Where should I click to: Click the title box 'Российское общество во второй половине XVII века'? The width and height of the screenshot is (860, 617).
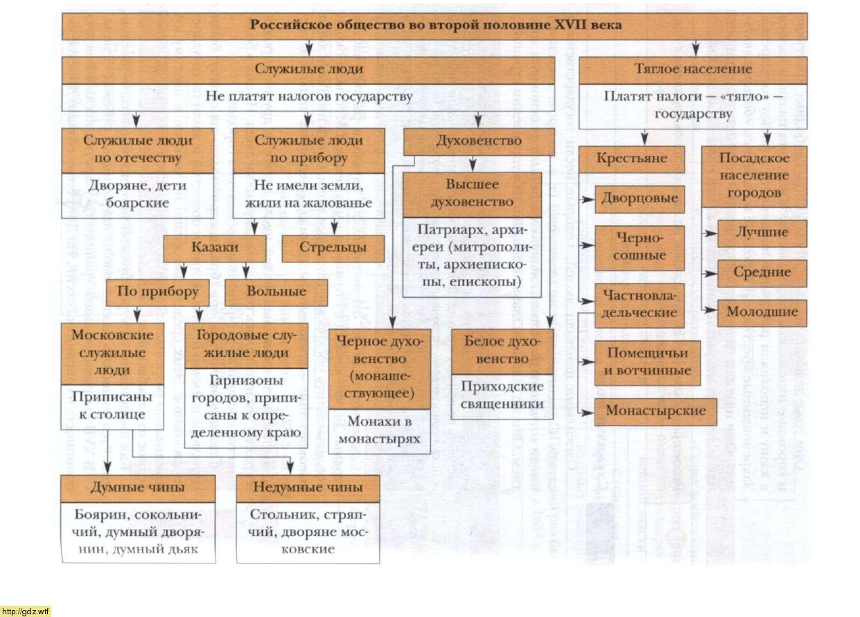click(435, 25)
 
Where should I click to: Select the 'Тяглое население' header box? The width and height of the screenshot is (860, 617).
click(693, 69)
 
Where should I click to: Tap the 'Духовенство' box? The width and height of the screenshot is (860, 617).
click(478, 141)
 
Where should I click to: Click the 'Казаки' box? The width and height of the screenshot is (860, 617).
click(214, 248)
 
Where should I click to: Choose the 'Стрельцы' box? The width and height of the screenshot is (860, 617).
click(333, 248)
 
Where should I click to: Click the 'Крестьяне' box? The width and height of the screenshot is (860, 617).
click(631, 159)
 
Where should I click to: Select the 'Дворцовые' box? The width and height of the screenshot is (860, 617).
click(640, 199)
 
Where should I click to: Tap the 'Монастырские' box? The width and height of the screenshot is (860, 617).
click(656, 411)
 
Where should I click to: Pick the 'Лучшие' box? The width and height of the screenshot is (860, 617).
click(762, 233)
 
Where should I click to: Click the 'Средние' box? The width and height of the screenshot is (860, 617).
click(762, 272)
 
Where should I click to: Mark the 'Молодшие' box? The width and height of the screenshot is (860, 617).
click(762, 312)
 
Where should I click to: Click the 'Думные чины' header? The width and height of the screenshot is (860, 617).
click(137, 488)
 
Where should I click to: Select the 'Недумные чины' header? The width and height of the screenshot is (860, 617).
click(308, 488)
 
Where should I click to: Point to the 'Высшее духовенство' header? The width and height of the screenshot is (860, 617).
click(471, 194)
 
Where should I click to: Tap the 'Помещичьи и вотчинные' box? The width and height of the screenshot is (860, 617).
click(647, 361)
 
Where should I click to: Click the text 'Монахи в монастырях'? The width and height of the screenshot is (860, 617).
click(379, 430)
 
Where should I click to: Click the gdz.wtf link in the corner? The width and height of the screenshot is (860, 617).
click(26, 611)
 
